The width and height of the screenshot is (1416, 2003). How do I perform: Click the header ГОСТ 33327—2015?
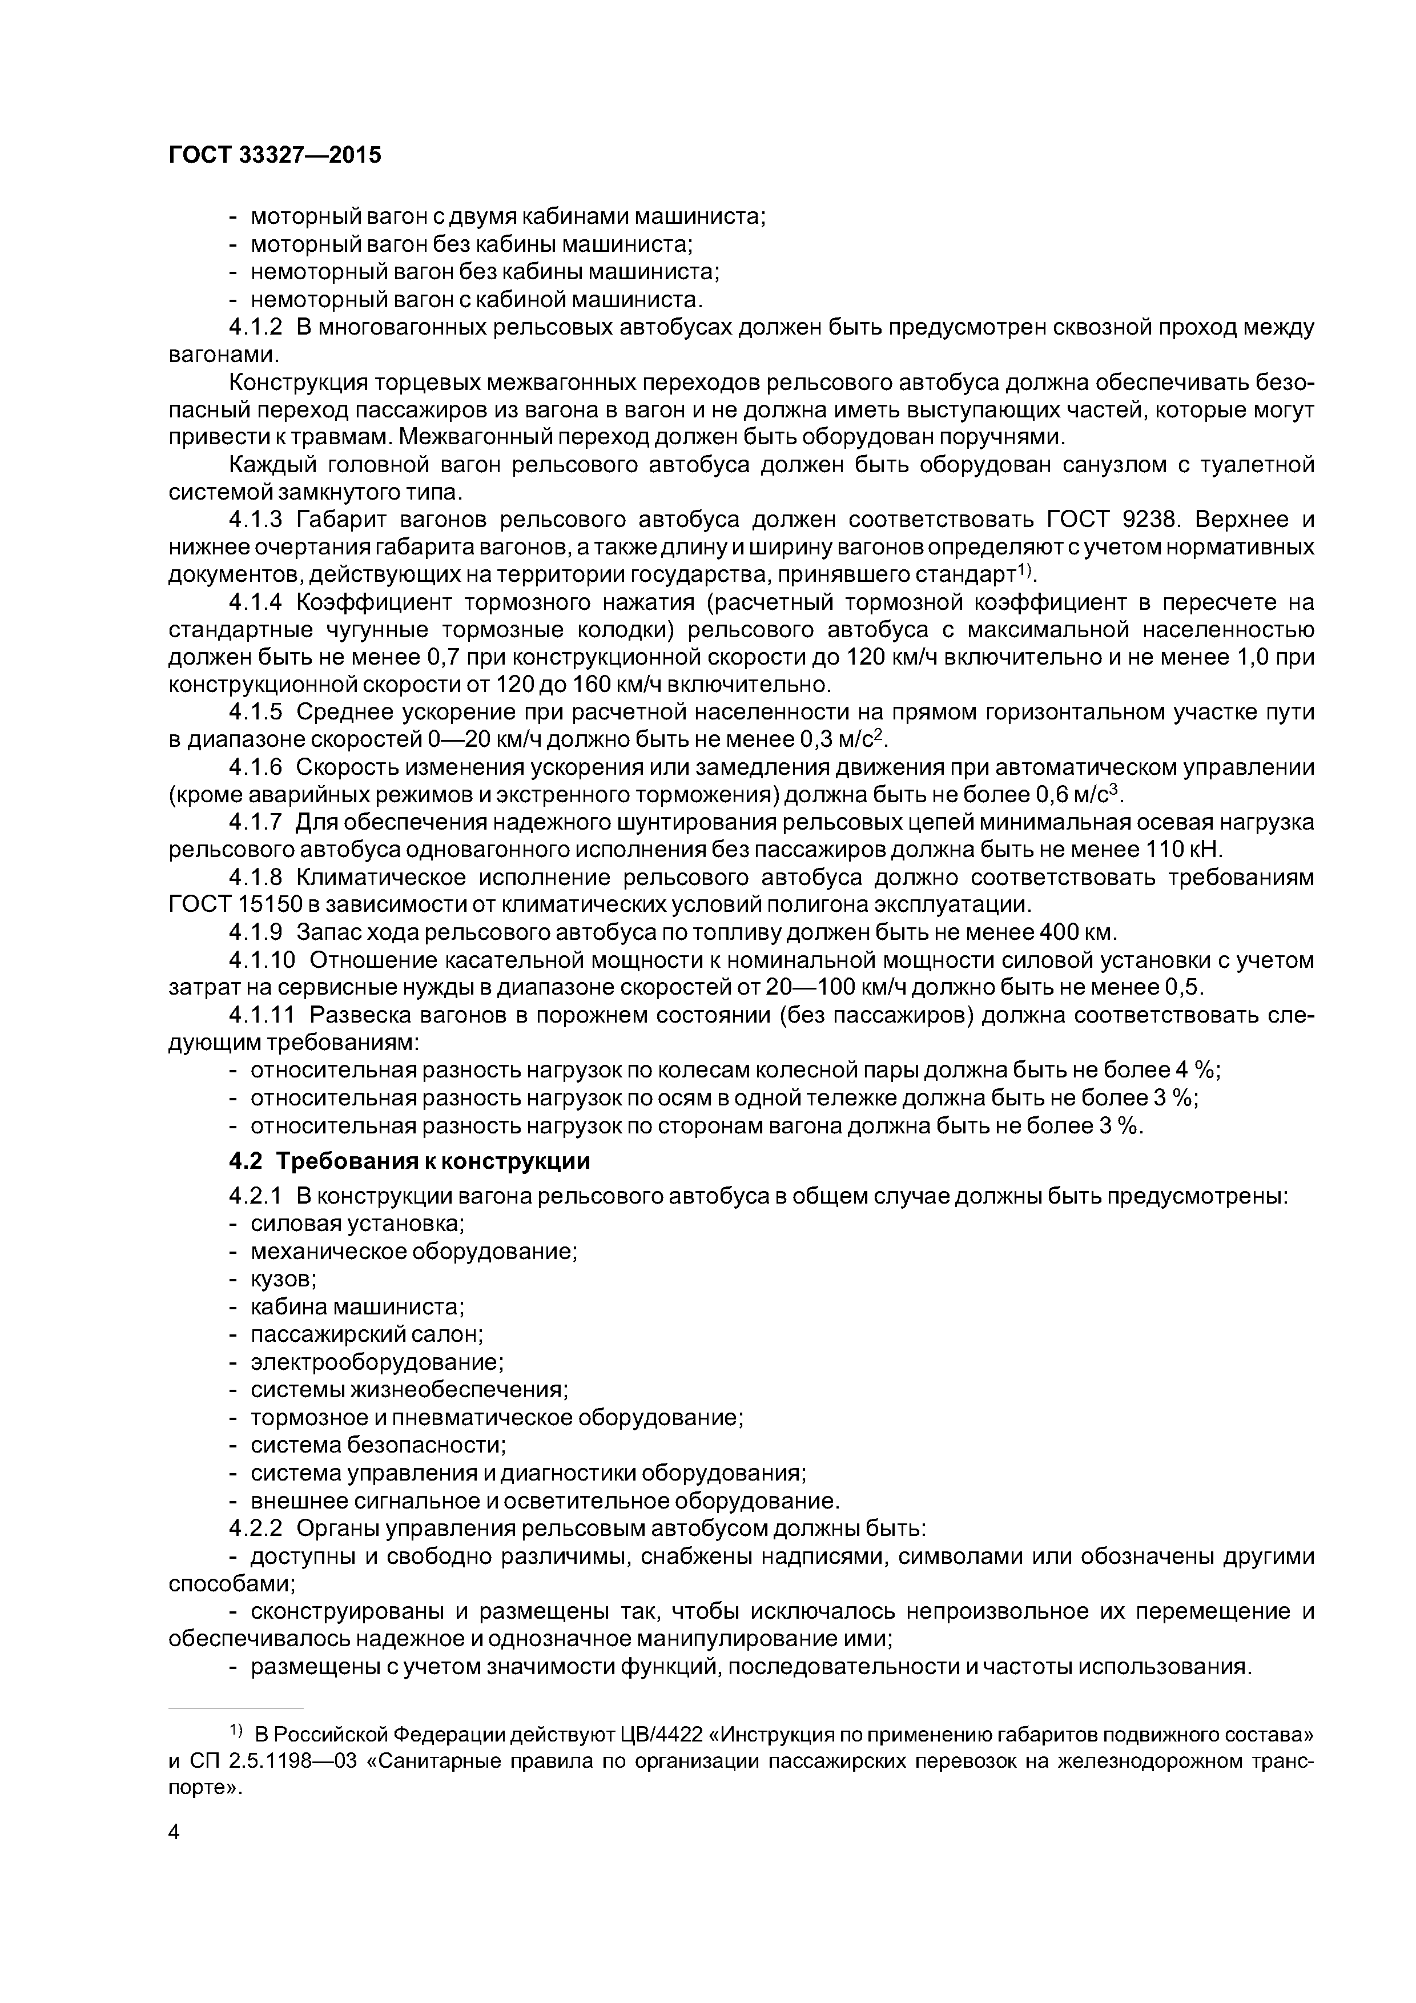tap(275, 155)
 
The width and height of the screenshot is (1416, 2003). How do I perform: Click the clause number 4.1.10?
tap(262, 960)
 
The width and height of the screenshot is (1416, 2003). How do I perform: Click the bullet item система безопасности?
tap(378, 1445)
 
